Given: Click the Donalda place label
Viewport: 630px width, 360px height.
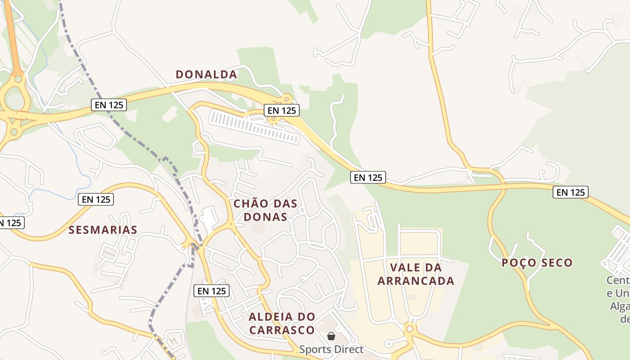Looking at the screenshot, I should click(x=206, y=74).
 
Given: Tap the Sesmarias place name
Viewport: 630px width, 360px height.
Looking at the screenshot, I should click(x=103, y=230).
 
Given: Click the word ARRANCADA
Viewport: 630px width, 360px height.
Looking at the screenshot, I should click(x=416, y=281).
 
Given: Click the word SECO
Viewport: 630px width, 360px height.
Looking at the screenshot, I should click(x=557, y=263).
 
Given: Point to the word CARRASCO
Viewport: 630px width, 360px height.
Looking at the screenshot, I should click(x=282, y=330).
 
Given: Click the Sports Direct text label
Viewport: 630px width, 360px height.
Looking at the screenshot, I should click(x=331, y=349).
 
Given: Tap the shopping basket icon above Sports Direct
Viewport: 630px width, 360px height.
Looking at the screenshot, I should click(x=331, y=336).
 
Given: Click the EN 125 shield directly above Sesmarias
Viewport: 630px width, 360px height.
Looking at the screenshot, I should click(x=96, y=199).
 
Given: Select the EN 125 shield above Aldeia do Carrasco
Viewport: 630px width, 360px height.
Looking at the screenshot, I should click(x=212, y=291).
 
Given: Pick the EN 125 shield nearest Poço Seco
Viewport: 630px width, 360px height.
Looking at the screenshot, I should click(x=571, y=192).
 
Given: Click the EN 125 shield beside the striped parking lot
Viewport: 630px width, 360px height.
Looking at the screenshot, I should click(x=282, y=110).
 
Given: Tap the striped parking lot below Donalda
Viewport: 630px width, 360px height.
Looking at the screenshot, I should click(x=254, y=127).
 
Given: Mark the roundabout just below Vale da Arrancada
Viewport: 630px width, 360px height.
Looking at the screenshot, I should click(x=409, y=329).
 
